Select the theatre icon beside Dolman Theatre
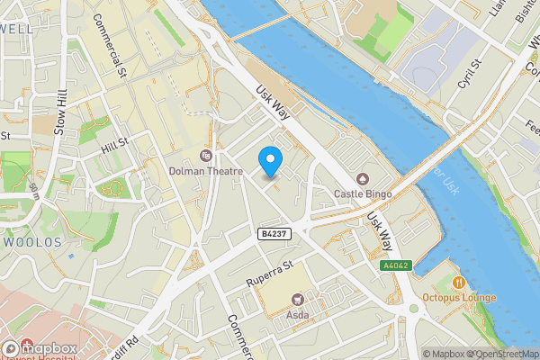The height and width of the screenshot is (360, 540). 207,155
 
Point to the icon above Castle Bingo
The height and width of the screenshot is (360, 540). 363,177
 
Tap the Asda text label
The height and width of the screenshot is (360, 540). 297,316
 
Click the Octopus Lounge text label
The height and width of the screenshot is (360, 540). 460,298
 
